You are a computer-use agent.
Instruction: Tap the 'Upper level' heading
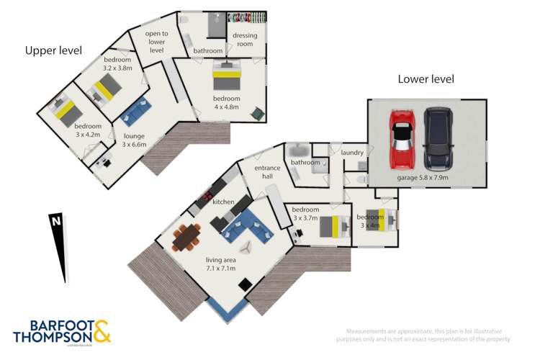coord(53,50)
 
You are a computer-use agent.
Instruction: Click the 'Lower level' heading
coord(426,78)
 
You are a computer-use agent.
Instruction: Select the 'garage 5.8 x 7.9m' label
coord(423,177)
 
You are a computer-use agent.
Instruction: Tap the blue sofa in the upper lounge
coord(135,111)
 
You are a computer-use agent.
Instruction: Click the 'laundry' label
coord(352,153)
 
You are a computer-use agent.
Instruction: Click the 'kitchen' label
coord(222,202)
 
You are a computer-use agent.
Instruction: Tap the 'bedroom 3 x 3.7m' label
coord(305,213)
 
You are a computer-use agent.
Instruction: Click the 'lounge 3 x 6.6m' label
coord(133,140)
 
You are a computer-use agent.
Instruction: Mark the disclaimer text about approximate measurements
coord(424,334)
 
